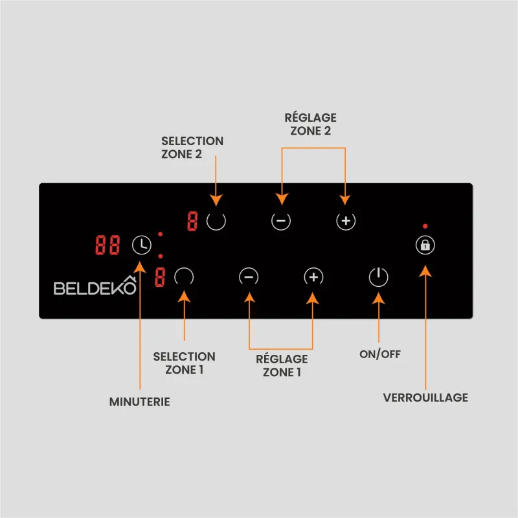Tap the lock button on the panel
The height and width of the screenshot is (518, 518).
click(425, 245)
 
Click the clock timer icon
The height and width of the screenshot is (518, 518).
click(142, 245)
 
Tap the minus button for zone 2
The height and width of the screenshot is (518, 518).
click(281, 221)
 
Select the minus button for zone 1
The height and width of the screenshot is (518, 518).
click(249, 277)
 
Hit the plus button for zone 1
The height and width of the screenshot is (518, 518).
click(313, 277)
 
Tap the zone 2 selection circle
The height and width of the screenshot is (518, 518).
click(216, 221)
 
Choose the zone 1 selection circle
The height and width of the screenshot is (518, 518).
click(184, 277)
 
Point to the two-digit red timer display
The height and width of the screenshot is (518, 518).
click(107, 245)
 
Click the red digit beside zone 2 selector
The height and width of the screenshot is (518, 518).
click(192, 221)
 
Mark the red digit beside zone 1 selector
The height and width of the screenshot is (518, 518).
click(160, 277)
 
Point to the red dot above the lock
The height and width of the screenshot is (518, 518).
click(425, 226)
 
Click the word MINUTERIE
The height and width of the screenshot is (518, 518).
click(140, 401)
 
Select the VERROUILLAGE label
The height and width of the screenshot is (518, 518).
click(425, 398)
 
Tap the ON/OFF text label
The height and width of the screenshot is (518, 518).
click(380, 354)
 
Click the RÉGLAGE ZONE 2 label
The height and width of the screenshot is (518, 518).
click(311, 124)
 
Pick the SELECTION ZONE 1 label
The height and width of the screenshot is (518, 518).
click(184, 363)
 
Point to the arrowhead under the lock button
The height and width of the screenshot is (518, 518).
click(425, 271)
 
